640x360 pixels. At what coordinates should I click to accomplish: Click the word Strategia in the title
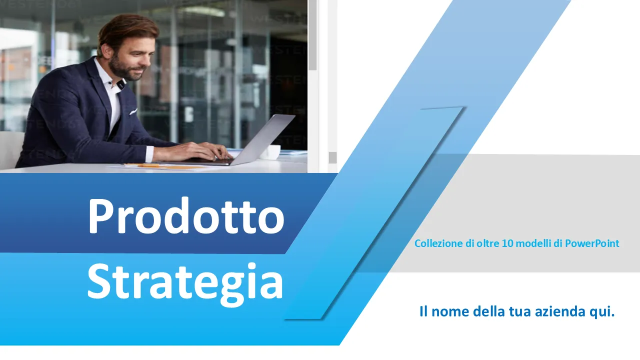point(185,281)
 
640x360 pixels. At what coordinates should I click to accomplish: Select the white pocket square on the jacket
point(133,111)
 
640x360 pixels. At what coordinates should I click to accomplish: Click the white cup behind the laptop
point(270,151)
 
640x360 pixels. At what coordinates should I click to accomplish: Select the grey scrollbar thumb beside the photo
point(312,35)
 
